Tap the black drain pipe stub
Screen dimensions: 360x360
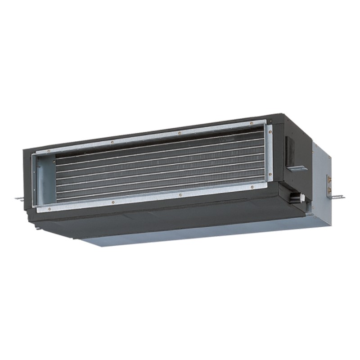click(295, 196)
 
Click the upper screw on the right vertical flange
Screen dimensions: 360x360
click(270, 131)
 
